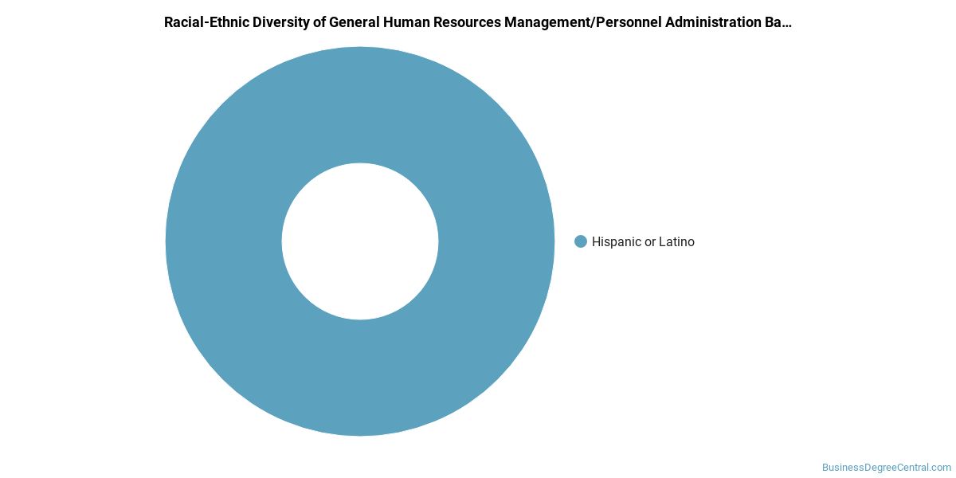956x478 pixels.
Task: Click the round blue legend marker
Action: tap(581, 241)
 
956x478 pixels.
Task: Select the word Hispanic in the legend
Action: tap(617, 241)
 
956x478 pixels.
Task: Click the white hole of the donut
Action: tap(360, 241)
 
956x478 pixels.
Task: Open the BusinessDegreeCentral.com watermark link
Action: tap(887, 468)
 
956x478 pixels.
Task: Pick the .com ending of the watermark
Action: tap(940, 468)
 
